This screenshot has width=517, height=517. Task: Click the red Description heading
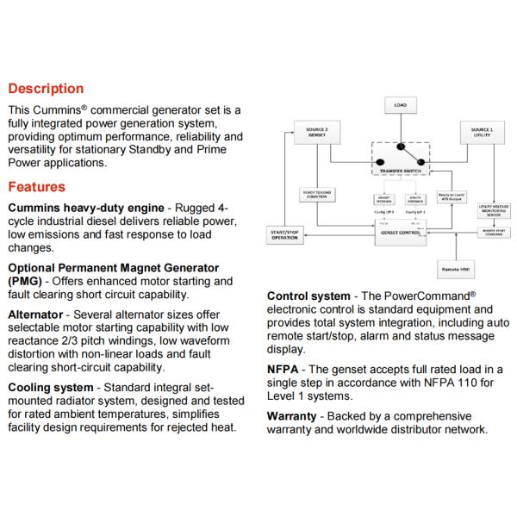click(46, 89)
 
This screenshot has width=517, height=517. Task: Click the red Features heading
click(37, 186)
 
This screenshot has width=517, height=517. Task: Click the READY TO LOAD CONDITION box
click(314, 195)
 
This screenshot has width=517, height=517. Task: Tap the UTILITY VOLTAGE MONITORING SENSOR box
click(494, 210)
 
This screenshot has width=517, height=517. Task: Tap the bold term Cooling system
click(51, 388)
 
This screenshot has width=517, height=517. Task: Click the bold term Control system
click(308, 296)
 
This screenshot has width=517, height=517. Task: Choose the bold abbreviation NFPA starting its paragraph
click(285, 368)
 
